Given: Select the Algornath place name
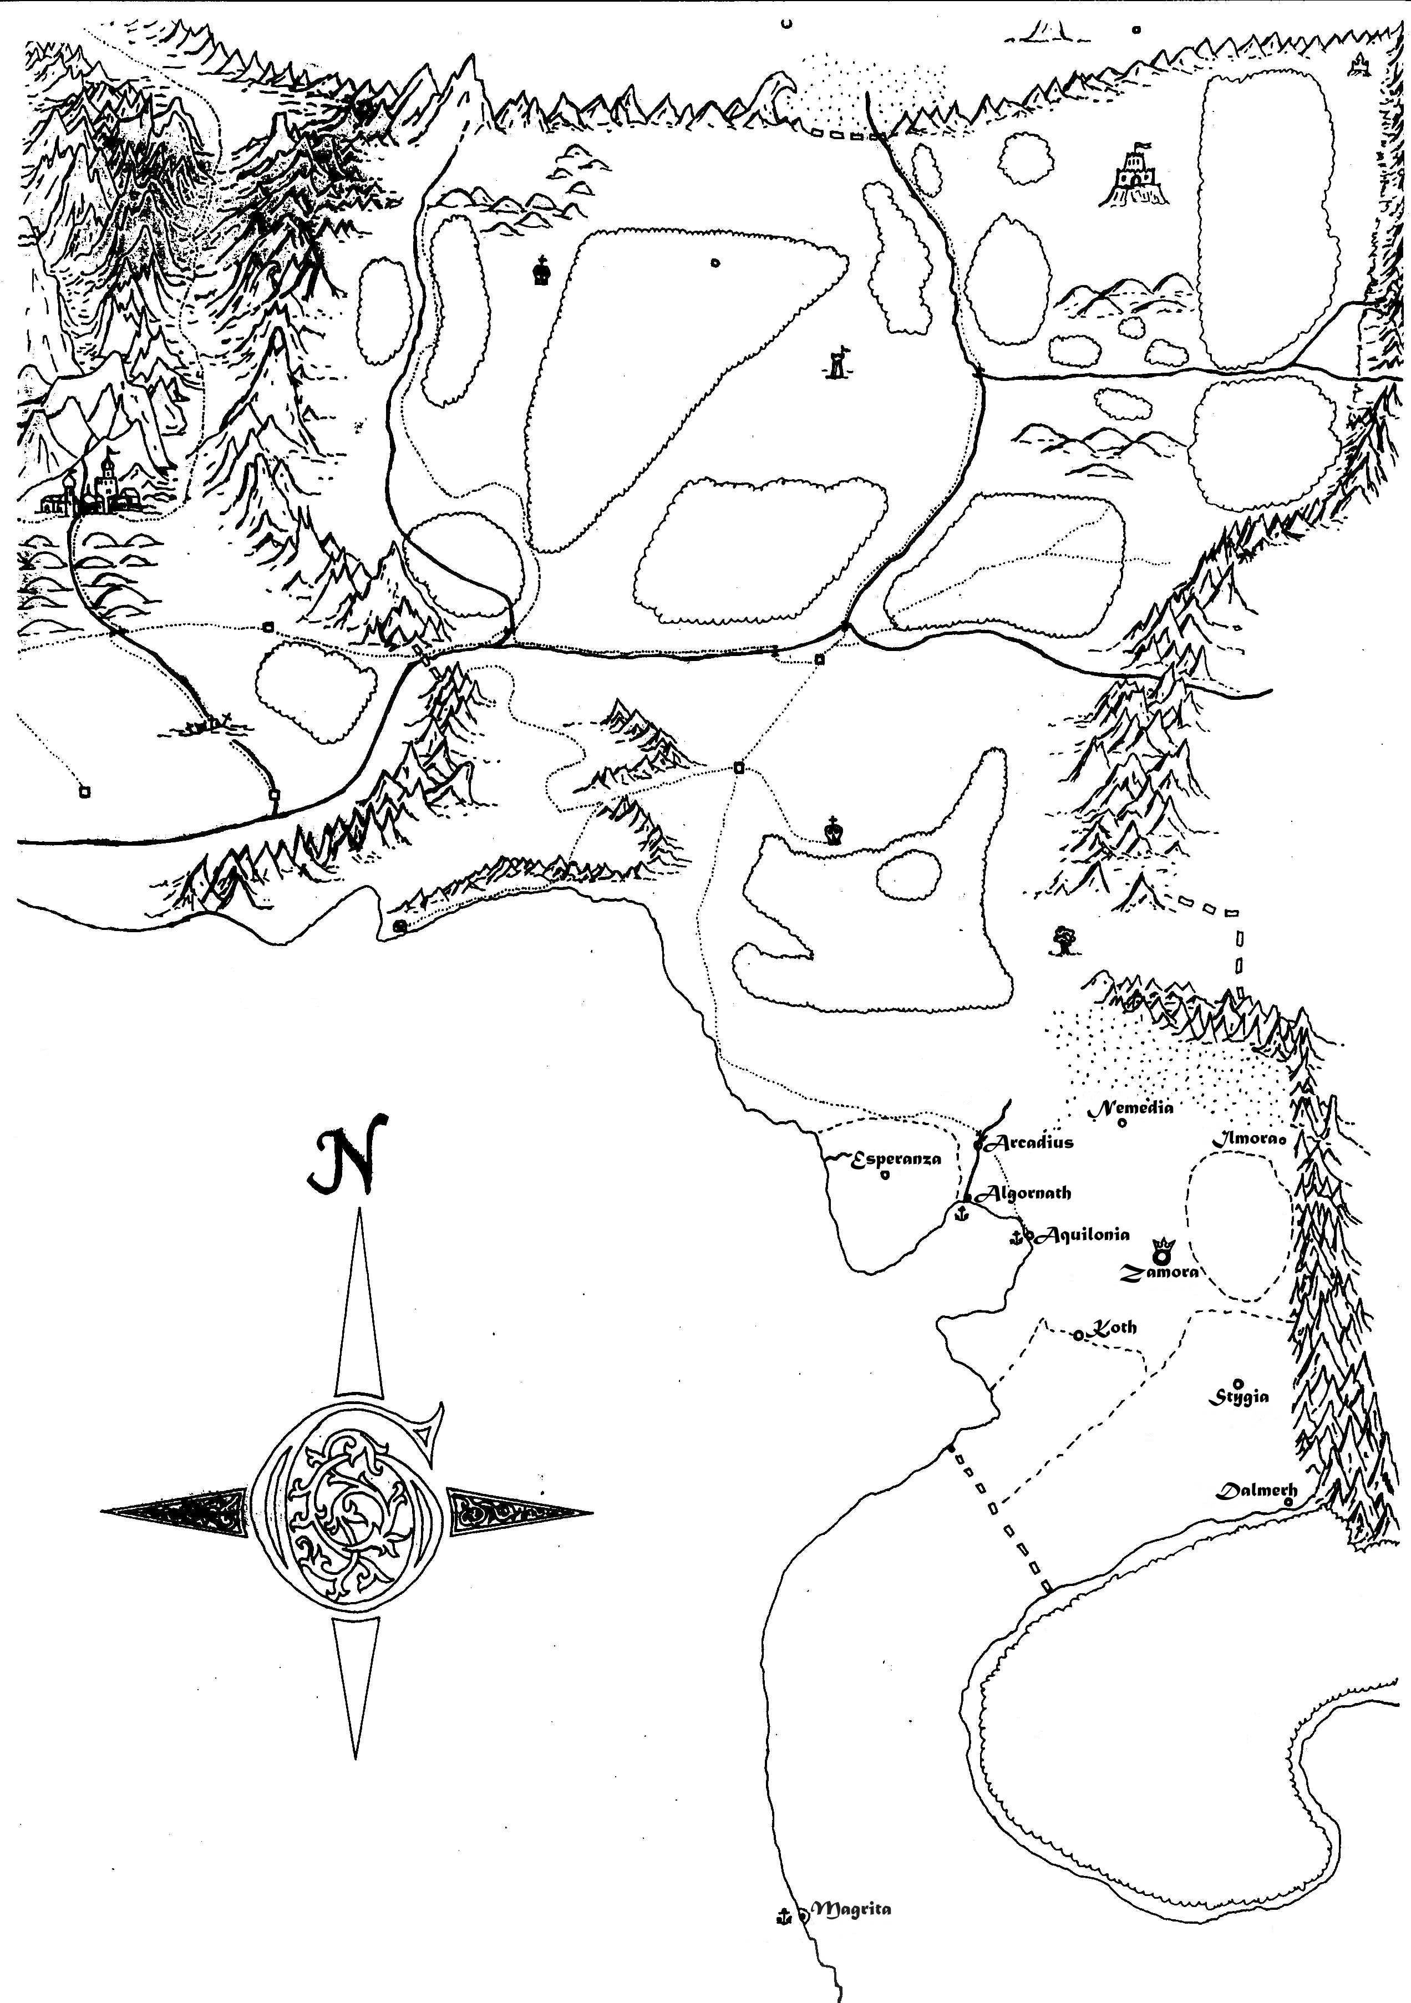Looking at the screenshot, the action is (x=1028, y=1193).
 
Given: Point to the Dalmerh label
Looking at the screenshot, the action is (x=1257, y=1490).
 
